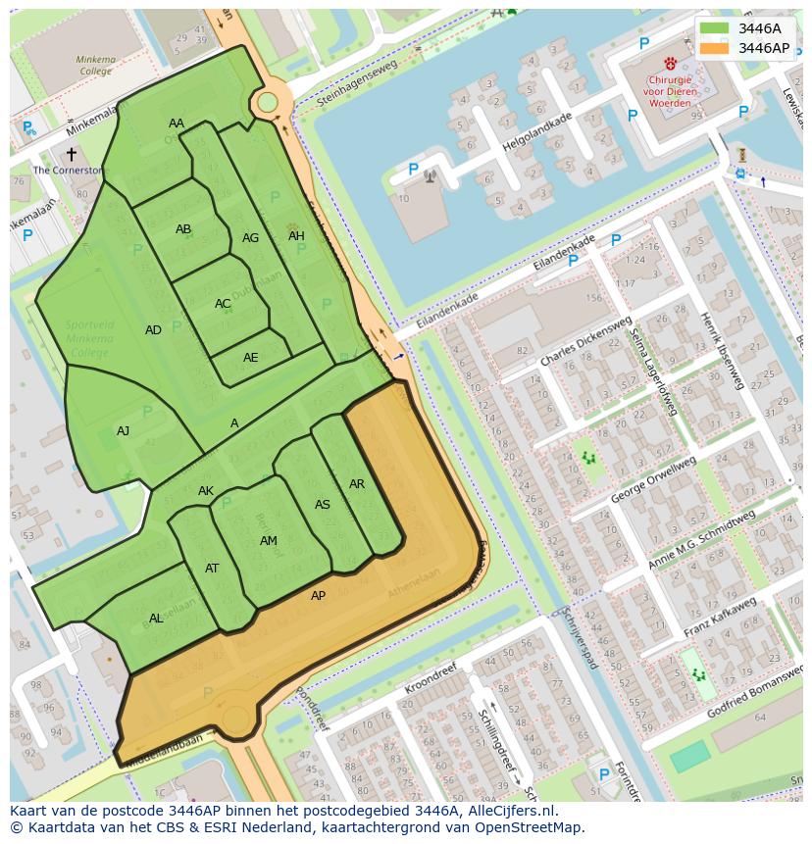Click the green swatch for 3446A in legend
pyautogui.click(x=715, y=28)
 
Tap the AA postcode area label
pyautogui.click(x=177, y=124)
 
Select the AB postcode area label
pyautogui.click(x=183, y=229)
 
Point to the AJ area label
pyautogui.click(x=124, y=431)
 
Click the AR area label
pyautogui.click(x=357, y=484)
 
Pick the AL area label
pyautogui.click(x=156, y=619)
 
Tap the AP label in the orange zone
pyautogui.click(x=318, y=596)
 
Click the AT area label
pyautogui.click(x=212, y=569)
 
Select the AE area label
pyautogui.click(x=251, y=358)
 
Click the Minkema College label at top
pyautogui.click(x=95, y=65)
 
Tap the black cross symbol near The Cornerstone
pyautogui.click(x=71, y=154)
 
